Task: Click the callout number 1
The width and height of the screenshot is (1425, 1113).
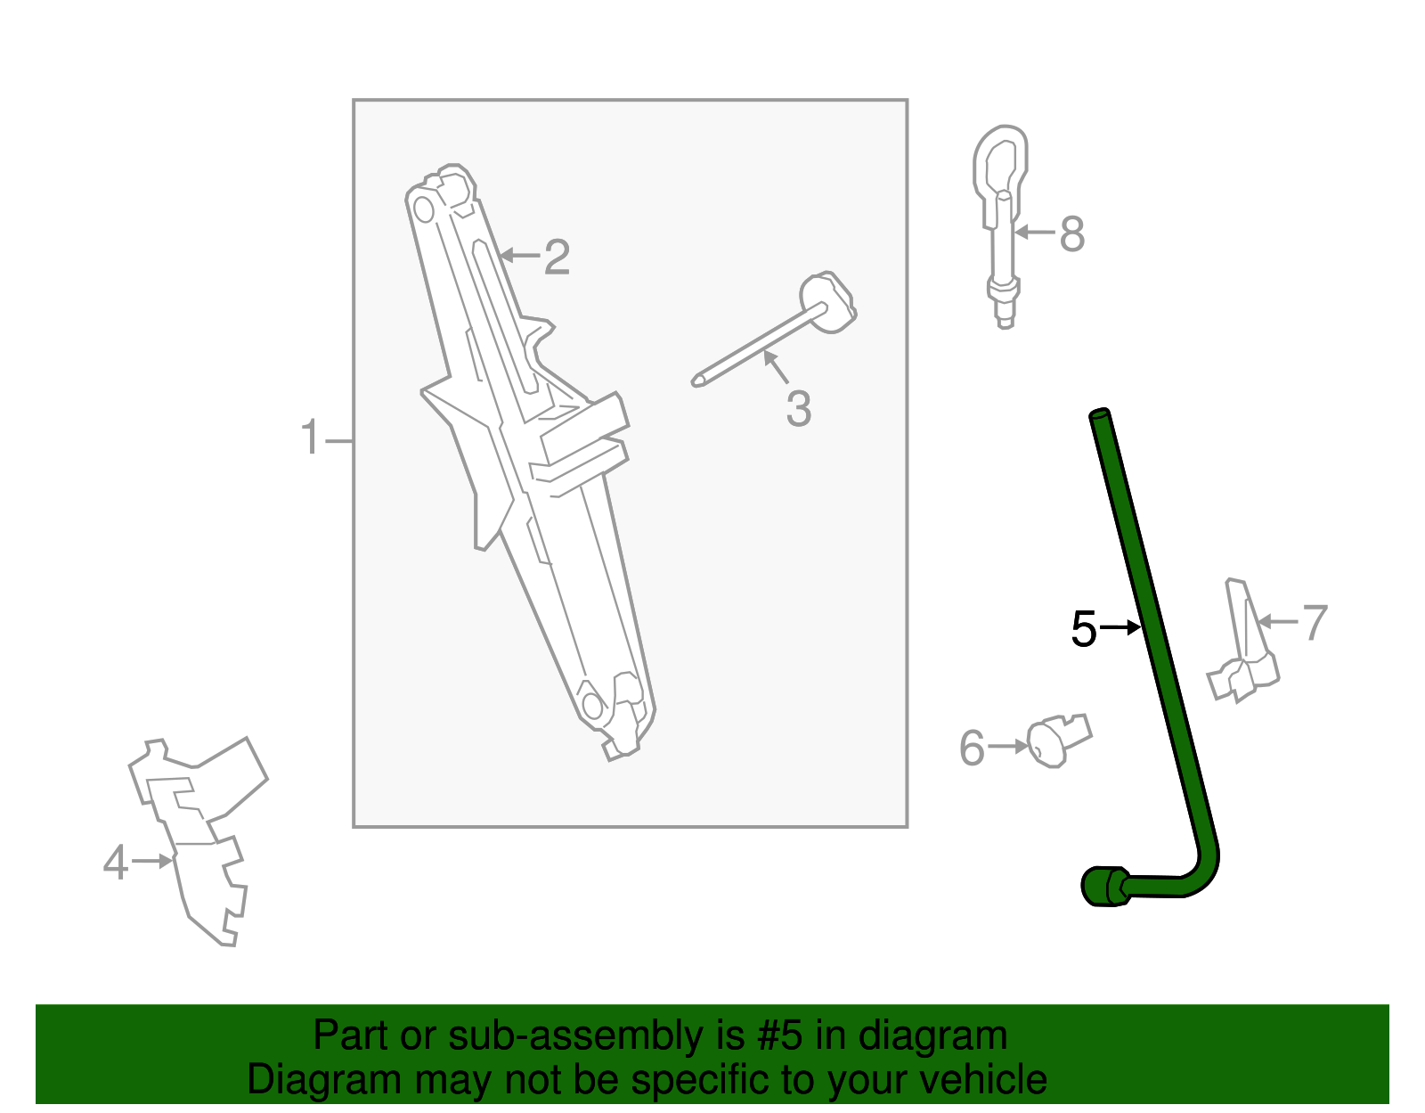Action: coord(309,438)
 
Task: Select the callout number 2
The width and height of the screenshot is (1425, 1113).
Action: coord(557,258)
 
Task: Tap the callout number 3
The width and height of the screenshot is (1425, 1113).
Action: coord(798,409)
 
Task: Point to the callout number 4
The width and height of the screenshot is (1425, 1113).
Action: coord(116,863)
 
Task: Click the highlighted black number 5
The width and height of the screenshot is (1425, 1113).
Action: coord(1084,629)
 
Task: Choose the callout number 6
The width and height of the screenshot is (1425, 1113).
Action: coord(972,748)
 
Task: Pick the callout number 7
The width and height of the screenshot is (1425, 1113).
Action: coord(1315,622)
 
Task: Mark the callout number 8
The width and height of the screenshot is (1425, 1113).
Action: coord(1072,234)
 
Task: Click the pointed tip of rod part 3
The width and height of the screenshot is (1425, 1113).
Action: coord(696,381)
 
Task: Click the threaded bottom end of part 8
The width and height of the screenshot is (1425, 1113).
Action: coord(1005,312)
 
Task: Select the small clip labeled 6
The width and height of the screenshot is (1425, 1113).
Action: coord(1056,740)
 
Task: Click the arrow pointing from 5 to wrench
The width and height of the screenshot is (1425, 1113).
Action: coord(1122,628)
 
